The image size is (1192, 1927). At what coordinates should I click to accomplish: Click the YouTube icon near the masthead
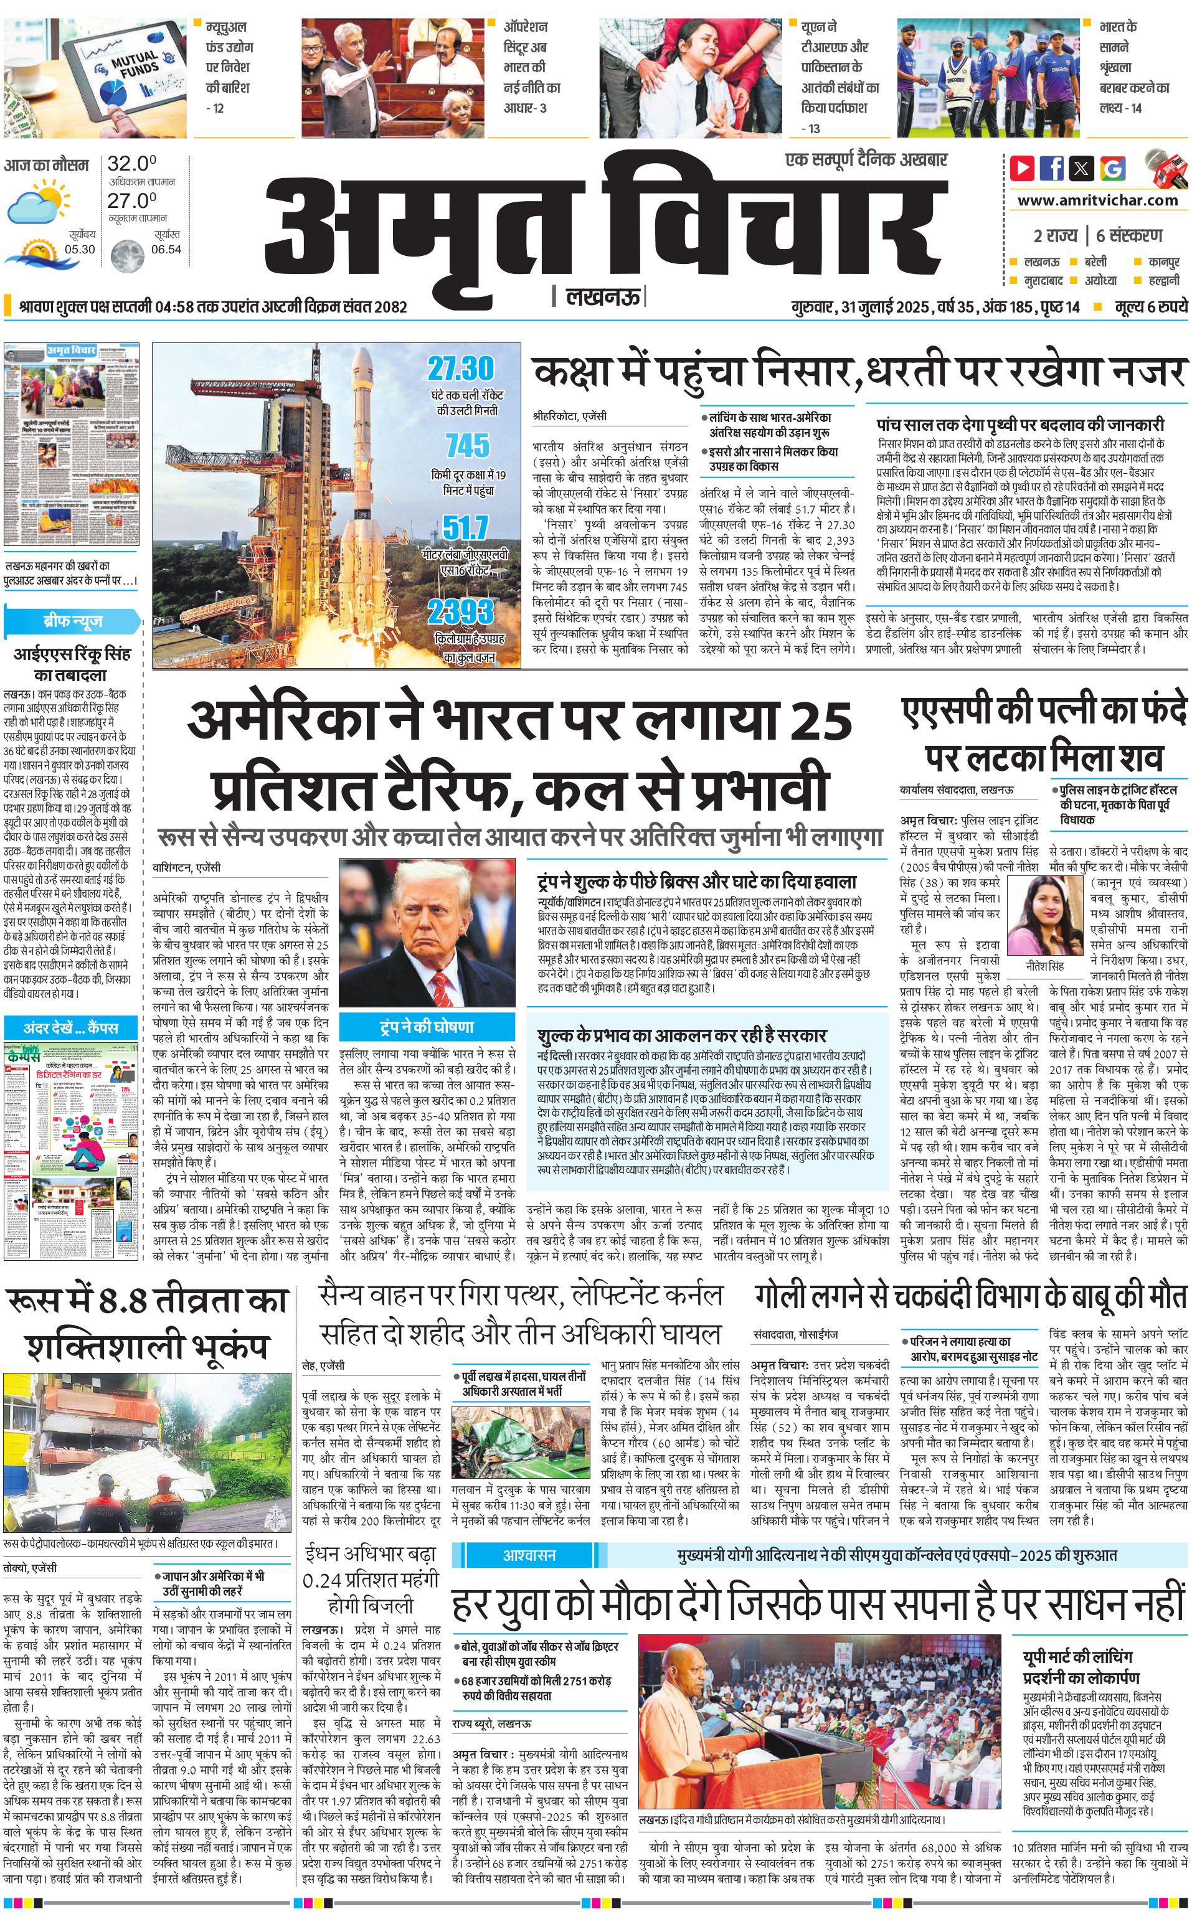point(1023,168)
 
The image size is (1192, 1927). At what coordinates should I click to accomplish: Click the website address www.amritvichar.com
point(1097,200)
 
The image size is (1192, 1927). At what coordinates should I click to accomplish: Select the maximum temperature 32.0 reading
point(131,164)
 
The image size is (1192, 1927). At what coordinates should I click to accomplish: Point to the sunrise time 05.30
point(80,249)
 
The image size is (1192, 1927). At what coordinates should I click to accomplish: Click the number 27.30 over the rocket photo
point(461,368)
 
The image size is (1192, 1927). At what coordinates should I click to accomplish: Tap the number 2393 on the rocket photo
point(461,611)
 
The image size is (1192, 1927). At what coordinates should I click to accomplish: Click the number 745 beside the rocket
point(468,446)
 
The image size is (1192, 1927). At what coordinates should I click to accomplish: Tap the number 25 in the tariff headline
point(820,719)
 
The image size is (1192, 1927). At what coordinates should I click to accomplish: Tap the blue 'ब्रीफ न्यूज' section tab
point(72,620)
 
